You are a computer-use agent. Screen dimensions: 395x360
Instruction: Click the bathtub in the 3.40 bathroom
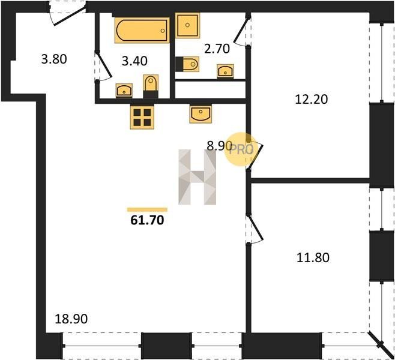(142, 30)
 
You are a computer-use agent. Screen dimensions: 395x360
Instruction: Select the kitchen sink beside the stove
(201, 114)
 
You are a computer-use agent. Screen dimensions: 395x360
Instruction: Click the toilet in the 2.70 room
(187, 64)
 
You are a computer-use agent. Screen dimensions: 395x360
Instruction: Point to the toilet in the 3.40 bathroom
(151, 86)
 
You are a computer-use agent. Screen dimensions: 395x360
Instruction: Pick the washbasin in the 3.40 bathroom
(124, 90)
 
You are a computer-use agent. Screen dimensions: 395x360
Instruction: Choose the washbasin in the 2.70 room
(225, 71)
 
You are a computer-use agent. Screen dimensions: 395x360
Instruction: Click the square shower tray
(187, 25)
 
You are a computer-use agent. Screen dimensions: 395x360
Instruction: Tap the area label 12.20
(311, 99)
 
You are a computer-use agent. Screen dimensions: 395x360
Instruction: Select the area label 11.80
(313, 257)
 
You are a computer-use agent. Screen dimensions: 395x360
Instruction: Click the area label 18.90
(71, 319)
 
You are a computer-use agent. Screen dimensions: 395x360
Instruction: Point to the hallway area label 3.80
(54, 59)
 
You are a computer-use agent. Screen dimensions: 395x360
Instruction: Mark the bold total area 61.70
(147, 220)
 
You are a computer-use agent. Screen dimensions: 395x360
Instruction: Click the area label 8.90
(219, 146)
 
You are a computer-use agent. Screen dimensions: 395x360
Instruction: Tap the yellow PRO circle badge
(241, 149)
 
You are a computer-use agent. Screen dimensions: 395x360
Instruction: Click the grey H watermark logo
(197, 177)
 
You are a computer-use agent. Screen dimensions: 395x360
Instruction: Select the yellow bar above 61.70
(147, 210)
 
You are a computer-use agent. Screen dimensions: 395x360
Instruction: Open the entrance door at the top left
(70, 16)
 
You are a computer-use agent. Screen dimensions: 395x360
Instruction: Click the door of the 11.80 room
(255, 229)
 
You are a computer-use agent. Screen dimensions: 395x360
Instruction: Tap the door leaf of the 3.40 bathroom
(104, 64)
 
